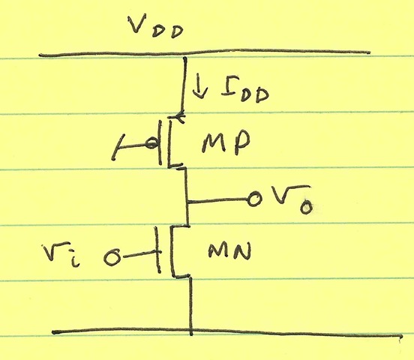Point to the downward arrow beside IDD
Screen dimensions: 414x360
coord(200,88)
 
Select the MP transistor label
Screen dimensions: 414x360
coord(226,142)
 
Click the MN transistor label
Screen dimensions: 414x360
coord(229,251)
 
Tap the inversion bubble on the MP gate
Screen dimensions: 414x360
coord(152,144)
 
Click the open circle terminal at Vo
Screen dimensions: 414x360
coord(254,199)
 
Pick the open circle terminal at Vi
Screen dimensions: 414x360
coord(112,257)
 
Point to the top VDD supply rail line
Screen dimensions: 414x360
coord(205,52)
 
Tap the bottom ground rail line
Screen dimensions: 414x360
coord(227,332)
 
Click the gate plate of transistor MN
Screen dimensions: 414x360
coord(158,250)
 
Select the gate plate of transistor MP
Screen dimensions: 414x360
coord(160,142)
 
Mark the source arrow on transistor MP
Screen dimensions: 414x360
coord(177,116)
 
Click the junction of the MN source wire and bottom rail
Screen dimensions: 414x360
coord(191,331)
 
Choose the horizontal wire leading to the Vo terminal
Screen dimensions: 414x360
coord(217,201)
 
